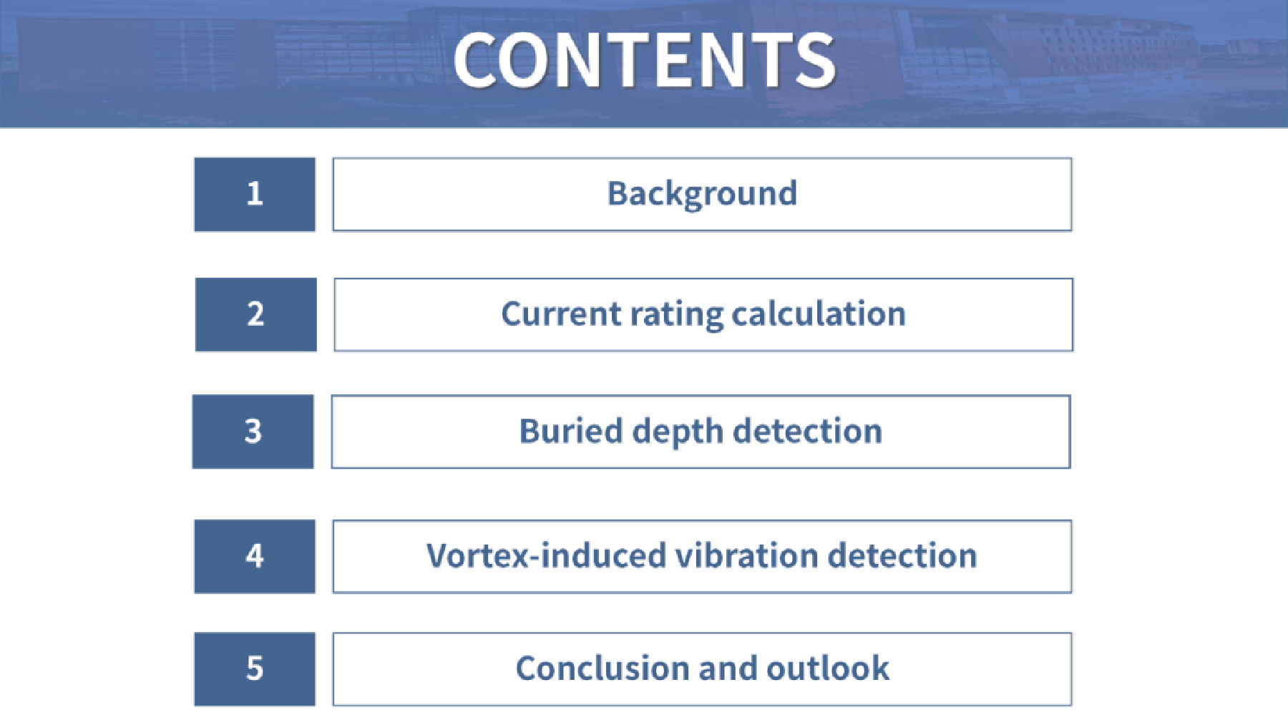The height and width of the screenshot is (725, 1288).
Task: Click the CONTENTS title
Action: [644, 61]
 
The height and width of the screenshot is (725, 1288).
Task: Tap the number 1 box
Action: [255, 194]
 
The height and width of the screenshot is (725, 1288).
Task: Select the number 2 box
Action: [256, 314]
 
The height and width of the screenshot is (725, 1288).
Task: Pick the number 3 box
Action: [253, 432]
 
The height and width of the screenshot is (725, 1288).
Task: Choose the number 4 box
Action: [255, 556]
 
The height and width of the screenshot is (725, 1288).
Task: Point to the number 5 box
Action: [255, 668]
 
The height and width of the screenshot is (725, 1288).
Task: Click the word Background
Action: [702, 194]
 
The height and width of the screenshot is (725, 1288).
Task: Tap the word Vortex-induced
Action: [546, 555]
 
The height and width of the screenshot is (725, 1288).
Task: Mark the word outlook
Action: [828, 668]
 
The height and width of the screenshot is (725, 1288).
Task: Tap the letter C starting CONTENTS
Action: [477, 61]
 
